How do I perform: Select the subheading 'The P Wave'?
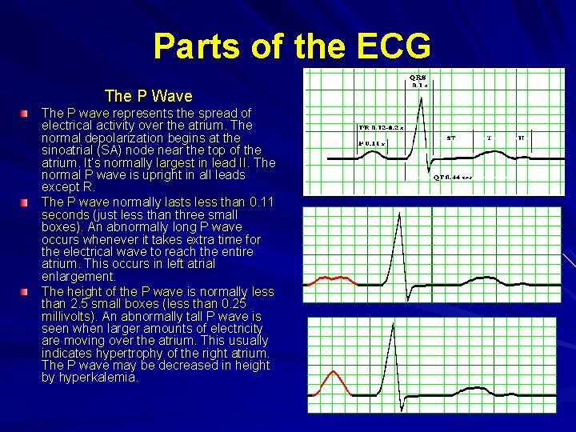point(148,96)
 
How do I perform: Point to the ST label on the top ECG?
point(451,138)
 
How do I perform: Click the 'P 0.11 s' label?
point(371,143)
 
